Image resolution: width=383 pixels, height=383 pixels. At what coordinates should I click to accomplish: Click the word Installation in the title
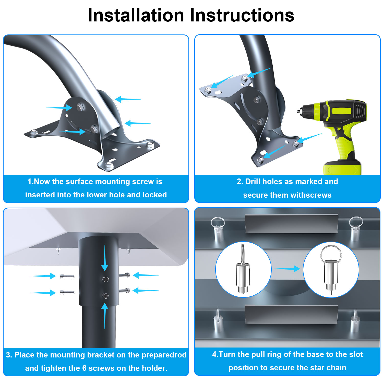click(136, 15)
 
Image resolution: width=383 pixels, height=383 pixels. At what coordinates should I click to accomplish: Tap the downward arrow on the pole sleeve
click(105, 258)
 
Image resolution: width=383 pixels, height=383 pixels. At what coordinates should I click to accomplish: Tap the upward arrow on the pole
click(105, 316)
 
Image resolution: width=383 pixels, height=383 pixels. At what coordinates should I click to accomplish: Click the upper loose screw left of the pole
click(67, 276)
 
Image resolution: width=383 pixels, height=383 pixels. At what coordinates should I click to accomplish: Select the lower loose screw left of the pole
click(67, 292)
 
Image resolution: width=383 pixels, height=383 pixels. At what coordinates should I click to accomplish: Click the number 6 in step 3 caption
click(84, 368)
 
